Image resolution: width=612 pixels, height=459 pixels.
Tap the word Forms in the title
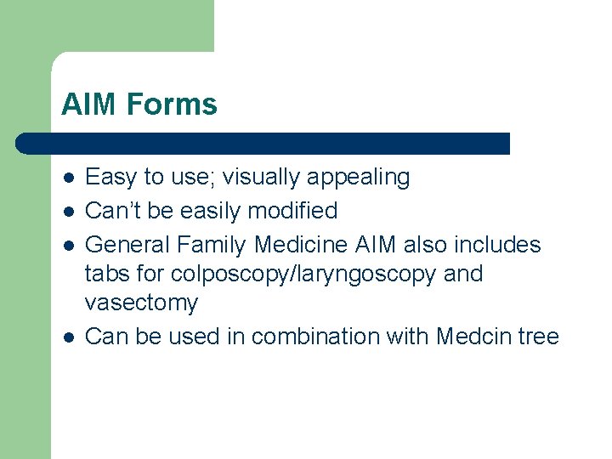(x=172, y=105)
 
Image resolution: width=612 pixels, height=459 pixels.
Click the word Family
(x=212, y=245)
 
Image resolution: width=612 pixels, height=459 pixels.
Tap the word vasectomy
(x=142, y=303)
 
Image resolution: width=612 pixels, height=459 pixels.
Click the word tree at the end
(x=541, y=337)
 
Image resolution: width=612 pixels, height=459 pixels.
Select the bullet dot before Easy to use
(x=67, y=178)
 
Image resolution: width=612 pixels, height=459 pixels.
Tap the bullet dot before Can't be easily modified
(x=67, y=211)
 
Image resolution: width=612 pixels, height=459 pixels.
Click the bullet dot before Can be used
(x=67, y=337)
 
